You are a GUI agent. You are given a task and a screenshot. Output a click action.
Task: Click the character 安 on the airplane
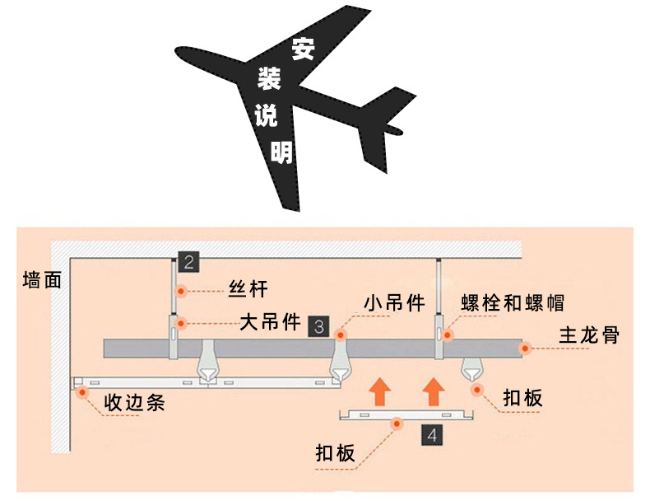click(302, 50)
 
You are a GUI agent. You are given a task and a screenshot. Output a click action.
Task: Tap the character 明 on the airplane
click(281, 151)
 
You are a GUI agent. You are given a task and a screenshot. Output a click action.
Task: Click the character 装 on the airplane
click(270, 80)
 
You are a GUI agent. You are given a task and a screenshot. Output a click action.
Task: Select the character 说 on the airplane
click(265, 116)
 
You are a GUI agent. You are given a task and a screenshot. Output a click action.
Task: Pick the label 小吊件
click(394, 303)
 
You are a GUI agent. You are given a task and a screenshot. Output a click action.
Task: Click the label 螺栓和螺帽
click(512, 302)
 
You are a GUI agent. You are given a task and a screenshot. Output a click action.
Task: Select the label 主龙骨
click(588, 336)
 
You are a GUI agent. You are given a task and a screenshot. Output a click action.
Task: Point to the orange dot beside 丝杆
click(180, 290)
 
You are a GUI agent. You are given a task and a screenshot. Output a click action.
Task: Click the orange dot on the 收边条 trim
click(82, 392)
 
